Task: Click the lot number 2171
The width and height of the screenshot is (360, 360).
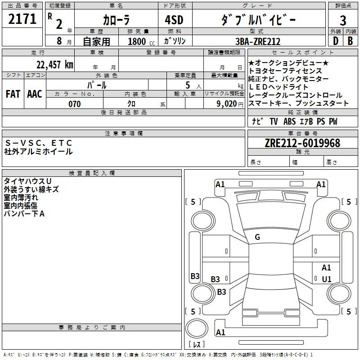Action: tap(22, 19)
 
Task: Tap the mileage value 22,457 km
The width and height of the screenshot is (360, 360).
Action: tap(55, 64)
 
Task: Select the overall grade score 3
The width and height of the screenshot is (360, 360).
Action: tap(343, 20)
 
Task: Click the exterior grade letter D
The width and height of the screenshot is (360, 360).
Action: tap(335, 41)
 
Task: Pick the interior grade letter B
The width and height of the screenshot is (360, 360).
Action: tap(350, 41)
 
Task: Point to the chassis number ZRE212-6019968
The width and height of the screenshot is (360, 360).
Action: tap(302, 143)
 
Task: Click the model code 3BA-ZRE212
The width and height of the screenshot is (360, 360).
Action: tap(258, 41)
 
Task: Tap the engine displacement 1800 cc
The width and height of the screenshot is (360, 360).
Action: tap(141, 41)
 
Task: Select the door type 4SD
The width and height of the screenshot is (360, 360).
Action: tap(174, 20)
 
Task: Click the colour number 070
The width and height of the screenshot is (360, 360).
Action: tap(75, 104)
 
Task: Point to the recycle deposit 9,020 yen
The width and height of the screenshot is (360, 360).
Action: tap(230, 104)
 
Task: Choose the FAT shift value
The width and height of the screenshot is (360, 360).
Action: tap(13, 94)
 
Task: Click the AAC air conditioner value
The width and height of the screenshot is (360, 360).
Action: tap(35, 94)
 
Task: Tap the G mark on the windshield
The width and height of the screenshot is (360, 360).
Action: tap(257, 237)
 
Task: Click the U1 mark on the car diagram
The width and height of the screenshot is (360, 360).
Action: tap(327, 279)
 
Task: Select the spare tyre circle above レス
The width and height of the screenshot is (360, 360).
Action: tap(197, 328)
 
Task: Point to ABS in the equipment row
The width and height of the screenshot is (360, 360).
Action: tap(289, 121)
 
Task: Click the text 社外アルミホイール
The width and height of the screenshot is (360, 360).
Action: tap(38, 152)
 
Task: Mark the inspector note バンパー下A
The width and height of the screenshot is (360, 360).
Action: tap(24, 214)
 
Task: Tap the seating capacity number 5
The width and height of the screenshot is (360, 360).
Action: tap(188, 85)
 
